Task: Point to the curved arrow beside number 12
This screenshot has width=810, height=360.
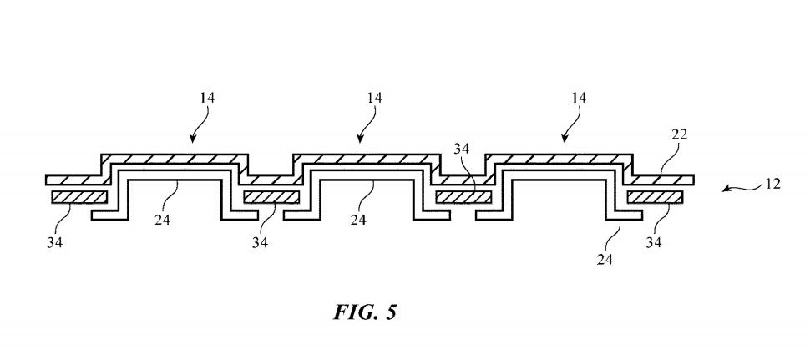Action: click(737, 189)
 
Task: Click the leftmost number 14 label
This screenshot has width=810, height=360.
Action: click(207, 99)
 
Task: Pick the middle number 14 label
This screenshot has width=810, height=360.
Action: click(374, 99)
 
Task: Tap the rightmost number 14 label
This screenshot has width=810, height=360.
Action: click(577, 99)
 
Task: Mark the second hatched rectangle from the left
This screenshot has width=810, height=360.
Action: click(271, 198)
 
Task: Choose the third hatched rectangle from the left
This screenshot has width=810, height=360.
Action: click(463, 198)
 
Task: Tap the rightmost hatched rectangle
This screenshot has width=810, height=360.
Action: click(655, 198)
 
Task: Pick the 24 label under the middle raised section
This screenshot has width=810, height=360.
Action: click(358, 220)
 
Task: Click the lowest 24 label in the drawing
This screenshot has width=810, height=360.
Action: click(605, 260)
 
